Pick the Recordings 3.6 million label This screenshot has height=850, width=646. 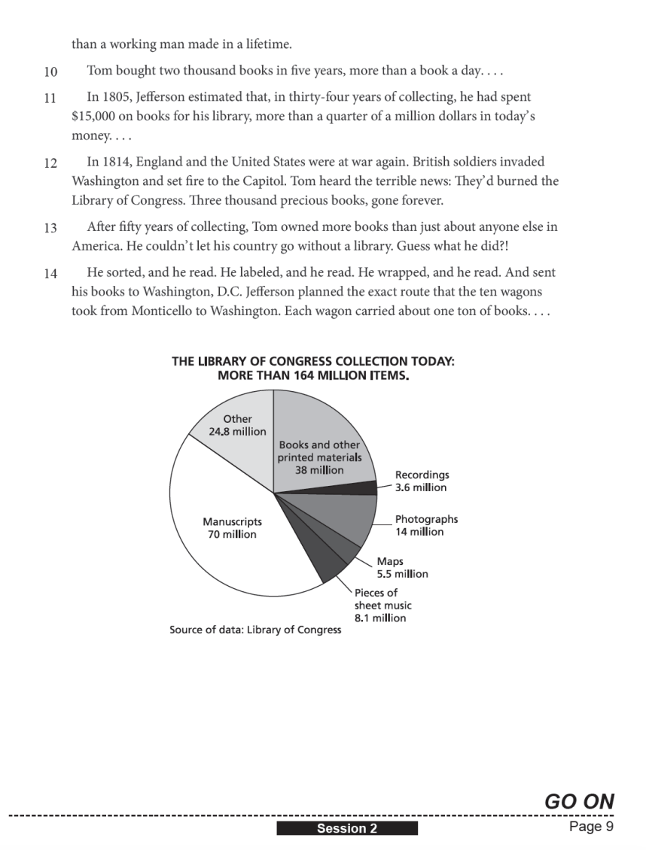(x=422, y=481)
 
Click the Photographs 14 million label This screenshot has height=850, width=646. (x=426, y=526)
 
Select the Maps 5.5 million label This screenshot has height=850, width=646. (x=402, y=568)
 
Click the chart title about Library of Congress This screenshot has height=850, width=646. (x=312, y=367)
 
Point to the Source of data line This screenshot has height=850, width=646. (x=255, y=630)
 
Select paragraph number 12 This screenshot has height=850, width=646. (x=50, y=162)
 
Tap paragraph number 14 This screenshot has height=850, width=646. (x=50, y=274)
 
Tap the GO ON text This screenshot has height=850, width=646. (x=579, y=801)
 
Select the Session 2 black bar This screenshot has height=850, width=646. (x=346, y=829)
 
